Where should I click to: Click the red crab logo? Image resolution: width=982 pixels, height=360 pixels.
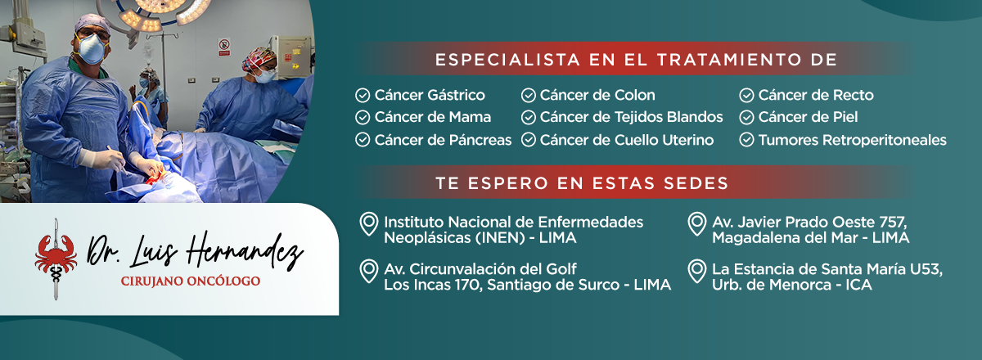pos(56,254)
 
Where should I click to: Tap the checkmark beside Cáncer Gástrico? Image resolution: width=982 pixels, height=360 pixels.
pos(363,95)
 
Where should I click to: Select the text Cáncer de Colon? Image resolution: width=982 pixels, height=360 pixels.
pos(597,95)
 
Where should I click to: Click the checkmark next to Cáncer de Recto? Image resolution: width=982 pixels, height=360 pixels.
pos(746,95)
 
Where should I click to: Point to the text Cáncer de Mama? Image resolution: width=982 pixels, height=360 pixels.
pos(433,117)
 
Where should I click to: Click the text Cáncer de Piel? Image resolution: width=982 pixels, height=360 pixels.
pos(808,117)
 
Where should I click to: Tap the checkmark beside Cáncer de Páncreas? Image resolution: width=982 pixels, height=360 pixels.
pos(363,140)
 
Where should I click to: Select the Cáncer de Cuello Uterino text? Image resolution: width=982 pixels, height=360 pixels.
pos(627,140)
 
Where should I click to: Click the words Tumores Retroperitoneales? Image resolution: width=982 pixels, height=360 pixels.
pos(853,140)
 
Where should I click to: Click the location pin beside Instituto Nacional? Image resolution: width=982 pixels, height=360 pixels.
pos(369,224)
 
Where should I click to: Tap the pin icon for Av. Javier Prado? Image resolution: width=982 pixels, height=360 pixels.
pos(697,224)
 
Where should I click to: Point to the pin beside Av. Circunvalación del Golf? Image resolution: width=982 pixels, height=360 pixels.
pos(369,271)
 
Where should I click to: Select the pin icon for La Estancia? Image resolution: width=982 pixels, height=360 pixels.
pos(697,271)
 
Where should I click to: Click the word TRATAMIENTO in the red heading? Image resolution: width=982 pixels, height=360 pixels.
pos(729,60)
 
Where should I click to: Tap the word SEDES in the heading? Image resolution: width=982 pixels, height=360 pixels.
pos(696,183)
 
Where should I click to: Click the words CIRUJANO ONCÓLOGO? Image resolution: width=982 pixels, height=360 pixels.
pos(191,281)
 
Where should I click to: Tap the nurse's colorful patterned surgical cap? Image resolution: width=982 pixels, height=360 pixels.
pos(259,58)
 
